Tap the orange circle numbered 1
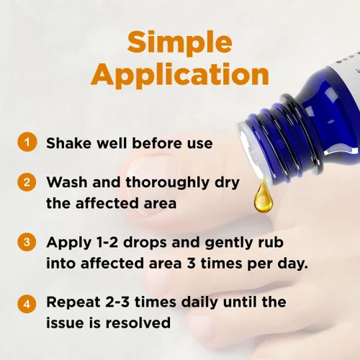click(27, 142)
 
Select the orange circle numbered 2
click(27, 182)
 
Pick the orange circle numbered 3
click(27, 242)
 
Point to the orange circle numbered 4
click(27, 304)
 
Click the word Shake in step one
click(69, 143)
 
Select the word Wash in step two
click(67, 182)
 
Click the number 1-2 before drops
click(107, 242)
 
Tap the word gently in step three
click(229, 243)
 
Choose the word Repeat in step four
click(73, 303)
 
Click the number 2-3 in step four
click(117, 302)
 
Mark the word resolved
click(138, 323)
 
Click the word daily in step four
click(199, 303)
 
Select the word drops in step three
click(145, 243)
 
